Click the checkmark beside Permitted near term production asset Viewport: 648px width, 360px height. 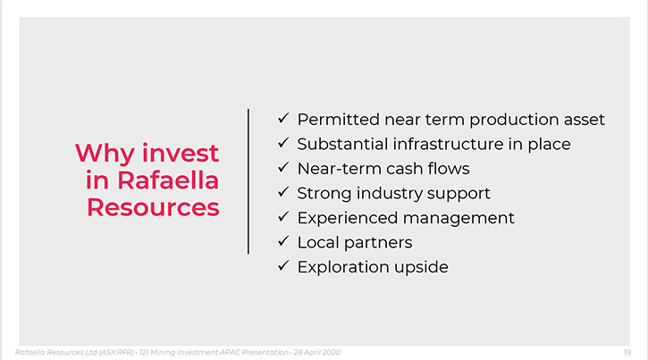coord(283,118)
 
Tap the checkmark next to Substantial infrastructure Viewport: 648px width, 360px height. coord(283,143)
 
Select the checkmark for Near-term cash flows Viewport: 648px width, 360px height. coord(283,167)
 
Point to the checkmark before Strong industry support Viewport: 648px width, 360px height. coord(283,192)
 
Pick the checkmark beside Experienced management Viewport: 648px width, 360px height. coord(283,216)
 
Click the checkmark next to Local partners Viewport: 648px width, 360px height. coord(283,241)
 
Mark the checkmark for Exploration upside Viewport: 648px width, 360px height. coord(283,265)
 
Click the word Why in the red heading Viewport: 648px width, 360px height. coord(105,154)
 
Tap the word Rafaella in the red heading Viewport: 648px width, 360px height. coord(168,180)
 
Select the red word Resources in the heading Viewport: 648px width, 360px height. coord(153,207)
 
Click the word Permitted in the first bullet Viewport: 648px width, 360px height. coord(339,120)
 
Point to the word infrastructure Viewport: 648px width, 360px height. coord(448,144)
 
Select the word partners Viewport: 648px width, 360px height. coord(378,243)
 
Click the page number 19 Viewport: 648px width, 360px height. coord(627,352)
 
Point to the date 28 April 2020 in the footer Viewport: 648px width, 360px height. coord(317,352)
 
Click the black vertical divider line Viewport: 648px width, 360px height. coord(248,181)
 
